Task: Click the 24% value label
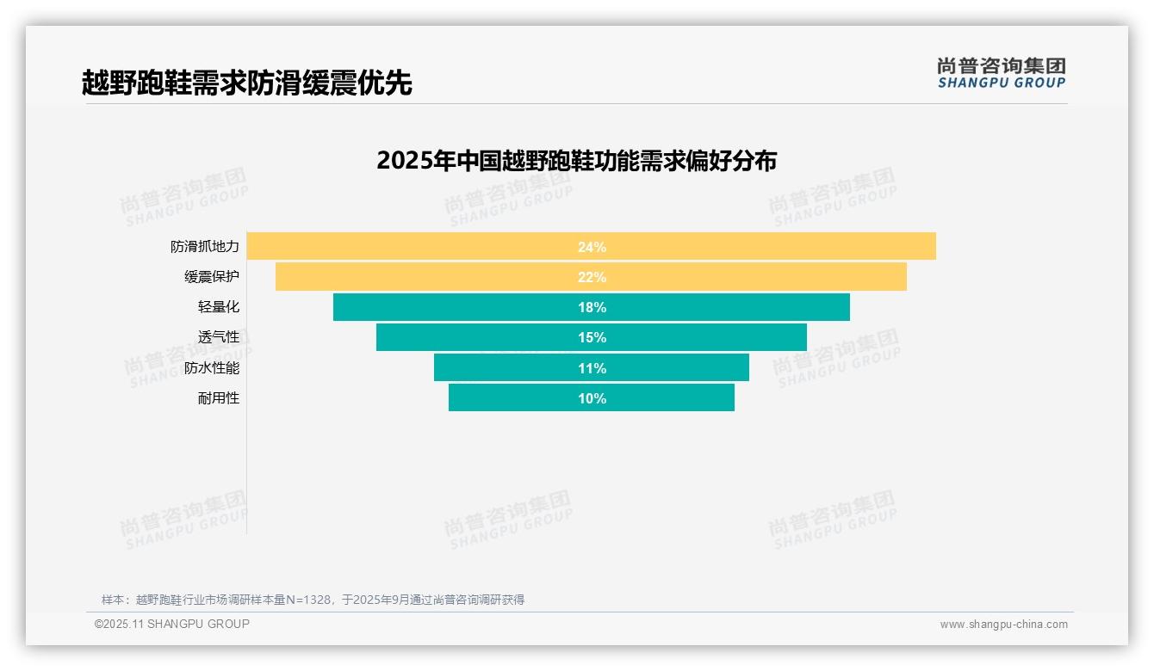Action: click(592, 247)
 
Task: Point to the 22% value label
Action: click(592, 277)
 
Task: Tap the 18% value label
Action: click(592, 307)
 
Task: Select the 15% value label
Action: click(592, 337)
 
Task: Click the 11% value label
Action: click(592, 368)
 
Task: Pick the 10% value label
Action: click(592, 398)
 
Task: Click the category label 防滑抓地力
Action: click(205, 247)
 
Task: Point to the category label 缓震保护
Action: click(212, 277)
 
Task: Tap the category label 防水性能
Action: click(212, 368)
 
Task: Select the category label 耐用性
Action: click(219, 398)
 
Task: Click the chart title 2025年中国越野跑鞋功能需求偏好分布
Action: click(576, 161)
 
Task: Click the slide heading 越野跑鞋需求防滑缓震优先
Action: click(247, 83)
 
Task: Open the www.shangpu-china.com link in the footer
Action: click(1003, 625)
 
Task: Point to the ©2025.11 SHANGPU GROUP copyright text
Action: click(172, 624)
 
